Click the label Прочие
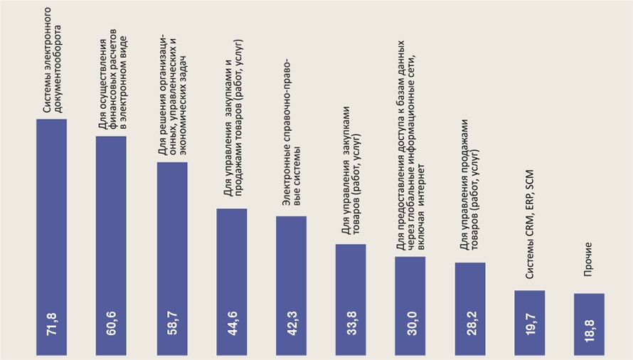[588, 263]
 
